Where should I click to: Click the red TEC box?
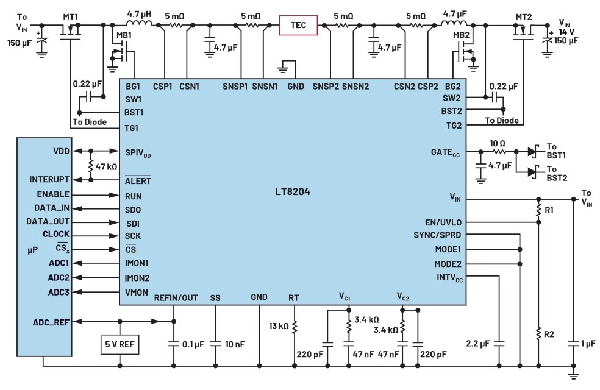pos(298,25)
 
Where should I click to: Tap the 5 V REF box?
pos(120,344)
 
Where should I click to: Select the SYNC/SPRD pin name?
pos(437,235)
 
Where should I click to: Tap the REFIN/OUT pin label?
pos(176,298)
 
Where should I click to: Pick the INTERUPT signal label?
pos(49,180)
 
